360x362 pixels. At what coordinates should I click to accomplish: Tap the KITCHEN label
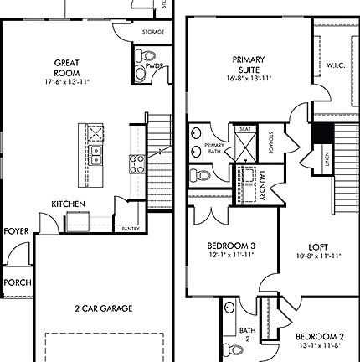(x=67, y=204)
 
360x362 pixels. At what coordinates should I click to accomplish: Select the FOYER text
(x=15, y=230)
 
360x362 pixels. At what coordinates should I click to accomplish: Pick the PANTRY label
(x=130, y=228)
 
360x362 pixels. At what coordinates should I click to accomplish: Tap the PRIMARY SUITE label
(x=249, y=64)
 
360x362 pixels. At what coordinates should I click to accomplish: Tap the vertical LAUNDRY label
(x=262, y=185)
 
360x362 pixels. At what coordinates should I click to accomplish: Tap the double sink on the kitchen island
(x=96, y=153)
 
